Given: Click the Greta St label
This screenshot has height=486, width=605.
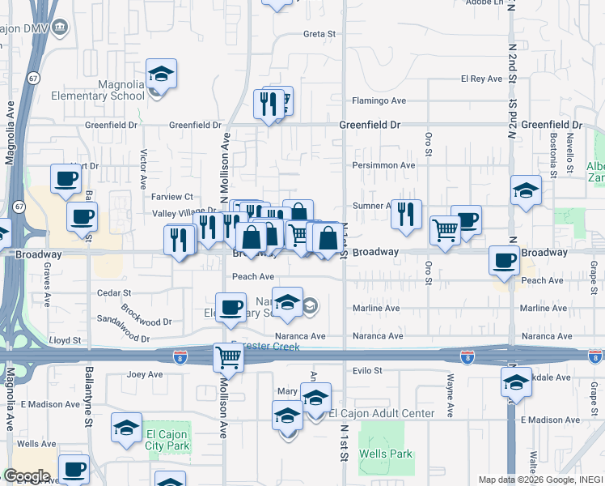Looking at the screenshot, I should (x=319, y=34).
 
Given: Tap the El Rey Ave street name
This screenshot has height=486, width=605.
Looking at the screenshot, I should (x=477, y=79).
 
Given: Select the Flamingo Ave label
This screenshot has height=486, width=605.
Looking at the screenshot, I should (x=379, y=101).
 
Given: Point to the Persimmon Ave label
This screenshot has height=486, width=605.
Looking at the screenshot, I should (x=383, y=165).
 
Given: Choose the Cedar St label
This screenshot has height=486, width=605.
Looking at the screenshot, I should (x=108, y=293).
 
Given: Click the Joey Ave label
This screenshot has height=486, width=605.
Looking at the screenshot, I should (x=146, y=374).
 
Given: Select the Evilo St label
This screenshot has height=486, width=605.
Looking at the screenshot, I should (x=366, y=370).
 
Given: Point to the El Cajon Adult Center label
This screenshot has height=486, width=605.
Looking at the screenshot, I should (x=382, y=413).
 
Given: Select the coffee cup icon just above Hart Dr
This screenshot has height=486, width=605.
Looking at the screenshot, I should (x=66, y=177).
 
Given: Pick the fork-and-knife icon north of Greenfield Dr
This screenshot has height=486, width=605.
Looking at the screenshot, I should (x=268, y=103).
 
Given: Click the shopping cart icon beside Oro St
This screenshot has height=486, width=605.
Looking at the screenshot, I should (x=445, y=229).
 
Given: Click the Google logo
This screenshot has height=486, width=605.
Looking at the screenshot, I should (x=26, y=476).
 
